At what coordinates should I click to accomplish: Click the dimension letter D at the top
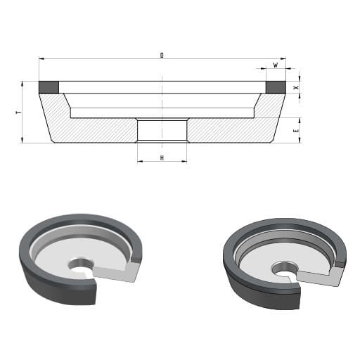tap(162, 56)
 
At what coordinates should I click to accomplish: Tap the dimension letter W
tap(276, 65)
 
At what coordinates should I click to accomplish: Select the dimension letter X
tap(297, 87)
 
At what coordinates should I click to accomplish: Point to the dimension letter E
tap(297, 131)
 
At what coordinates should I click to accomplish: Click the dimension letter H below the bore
tap(162, 158)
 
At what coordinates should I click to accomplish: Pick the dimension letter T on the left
tap(19, 112)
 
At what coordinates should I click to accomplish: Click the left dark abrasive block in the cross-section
tap(49, 87)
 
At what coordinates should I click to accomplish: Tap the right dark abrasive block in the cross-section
tap(276, 87)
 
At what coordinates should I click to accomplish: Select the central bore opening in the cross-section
tap(162, 130)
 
